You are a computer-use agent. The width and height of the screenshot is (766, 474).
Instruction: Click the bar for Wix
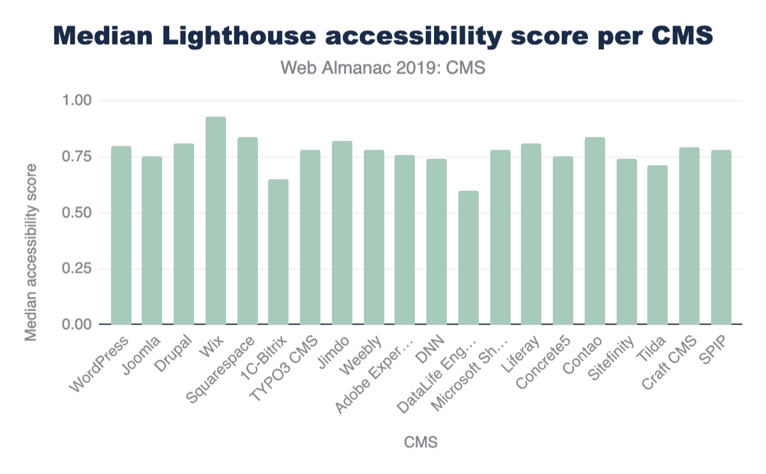[216, 220]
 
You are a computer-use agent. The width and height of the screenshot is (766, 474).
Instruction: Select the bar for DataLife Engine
[469, 257]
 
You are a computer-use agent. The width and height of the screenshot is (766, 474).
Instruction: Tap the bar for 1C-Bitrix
[278, 252]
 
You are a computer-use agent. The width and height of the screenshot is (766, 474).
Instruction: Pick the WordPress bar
[121, 235]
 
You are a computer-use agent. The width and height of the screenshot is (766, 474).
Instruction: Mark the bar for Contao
[595, 231]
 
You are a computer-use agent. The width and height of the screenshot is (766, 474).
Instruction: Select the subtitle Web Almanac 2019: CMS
[383, 68]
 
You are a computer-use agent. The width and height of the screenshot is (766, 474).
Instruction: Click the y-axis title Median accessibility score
[31, 252]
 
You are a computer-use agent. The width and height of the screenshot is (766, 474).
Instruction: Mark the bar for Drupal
[184, 234]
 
